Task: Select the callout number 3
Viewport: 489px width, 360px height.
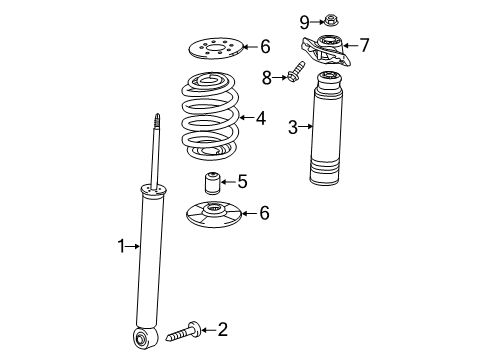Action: pos(292,126)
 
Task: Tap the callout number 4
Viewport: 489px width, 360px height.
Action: pos(260,117)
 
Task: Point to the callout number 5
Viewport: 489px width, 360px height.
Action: pos(241,181)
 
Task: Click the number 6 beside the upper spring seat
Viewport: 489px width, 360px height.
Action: pos(265,45)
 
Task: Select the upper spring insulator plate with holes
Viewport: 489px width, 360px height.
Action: pos(218,47)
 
